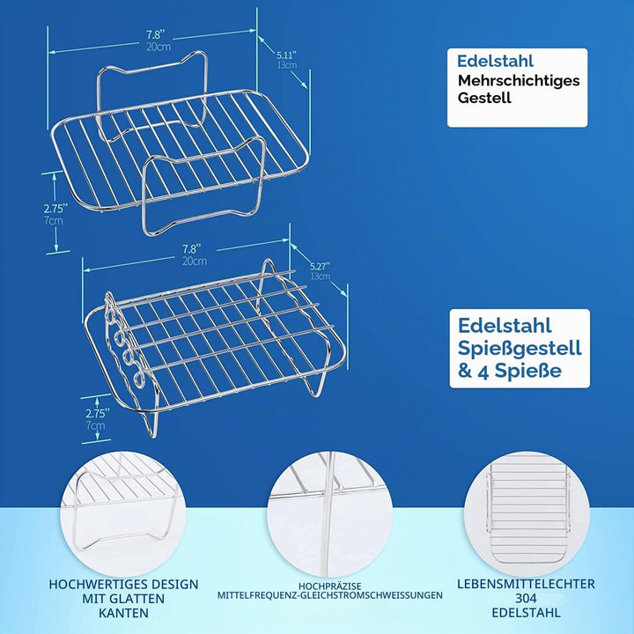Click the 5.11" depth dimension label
point(287,55)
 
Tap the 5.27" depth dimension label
point(320,266)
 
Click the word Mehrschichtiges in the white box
point(519,80)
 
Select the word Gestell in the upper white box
point(484,98)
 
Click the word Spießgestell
point(520,349)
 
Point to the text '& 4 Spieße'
point(510,371)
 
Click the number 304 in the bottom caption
point(526,598)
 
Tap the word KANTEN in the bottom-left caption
point(123,613)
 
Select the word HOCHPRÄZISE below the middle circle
point(330,586)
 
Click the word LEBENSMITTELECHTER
point(526,584)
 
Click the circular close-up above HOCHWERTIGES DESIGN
point(123,514)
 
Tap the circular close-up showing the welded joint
point(330,514)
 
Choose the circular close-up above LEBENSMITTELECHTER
point(527,514)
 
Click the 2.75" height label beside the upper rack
point(55,208)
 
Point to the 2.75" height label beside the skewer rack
point(98,413)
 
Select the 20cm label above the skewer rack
point(195,261)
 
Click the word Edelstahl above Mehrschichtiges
point(495,61)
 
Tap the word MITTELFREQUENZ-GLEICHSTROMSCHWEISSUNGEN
point(330,595)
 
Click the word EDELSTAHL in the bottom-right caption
point(526,612)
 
